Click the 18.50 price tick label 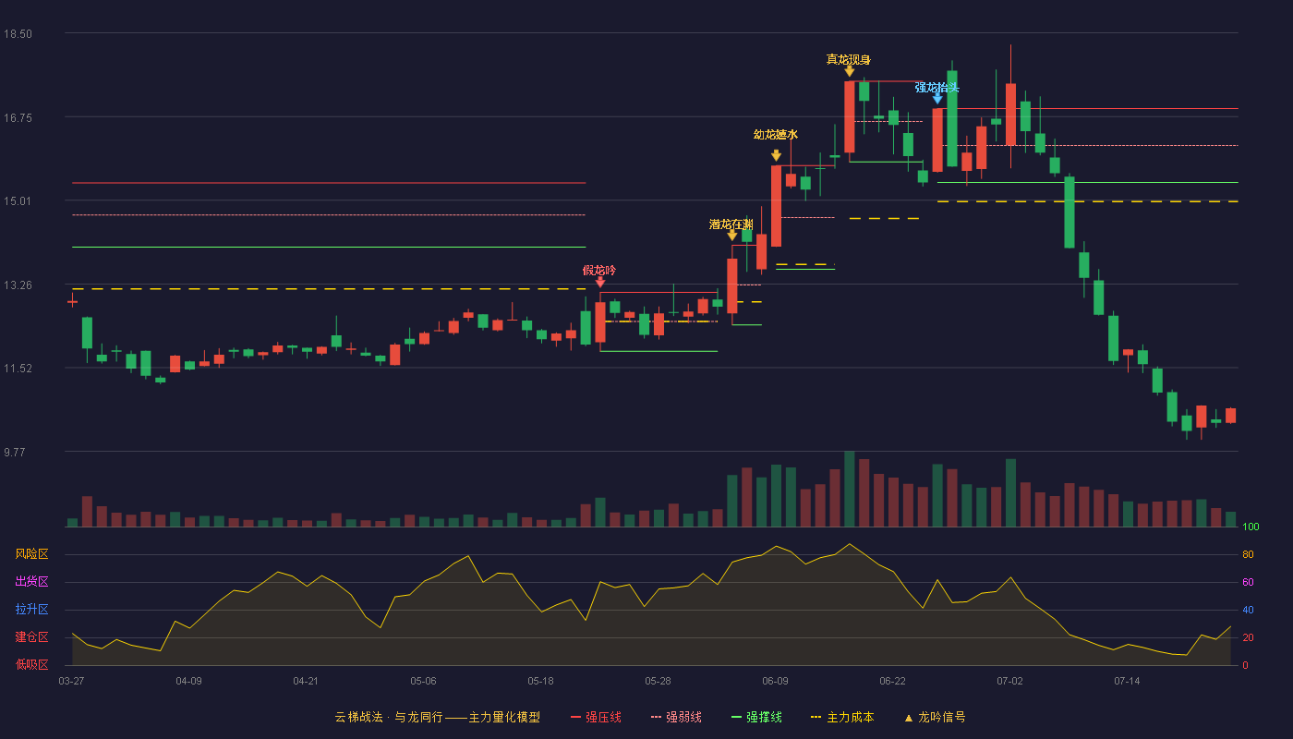pyautogui.click(x=18, y=34)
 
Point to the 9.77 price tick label pyautogui.click(x=15, y=452)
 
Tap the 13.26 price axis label pyautogui.click(x=18, y=285)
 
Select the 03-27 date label pyautogui.click(x=72, y=682)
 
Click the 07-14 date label pyautogui.click(x=1127, y=682)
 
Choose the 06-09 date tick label pyautogui.click(x=775, y=682)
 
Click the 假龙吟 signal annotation pyautogui.click(x=599, y=270)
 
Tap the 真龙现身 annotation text pyautogui.click(x=848, y=59)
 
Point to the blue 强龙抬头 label pyautogui.click(x=937, y=88)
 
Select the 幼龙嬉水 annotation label pyautogui.click(x=775, y=135)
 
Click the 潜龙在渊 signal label pyautogui.click(x=731, y=224)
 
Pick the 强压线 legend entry pyautogui.click(x=596, y=717)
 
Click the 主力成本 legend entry pyautogui.click(x=842, y=717)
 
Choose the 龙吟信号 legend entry pyautogui.click(x=935, y=717)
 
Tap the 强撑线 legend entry pyautogui.click(x=756, y=717)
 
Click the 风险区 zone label pyautogui.click(x=31, y=553)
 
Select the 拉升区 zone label pyautogui.click(x=31, y=609)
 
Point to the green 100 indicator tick pyautogui.click(x=1251, y=527)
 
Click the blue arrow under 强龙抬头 pyautogui.click(x=937, y=100)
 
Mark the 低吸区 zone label pyautogui.click(x=31, y=664)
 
